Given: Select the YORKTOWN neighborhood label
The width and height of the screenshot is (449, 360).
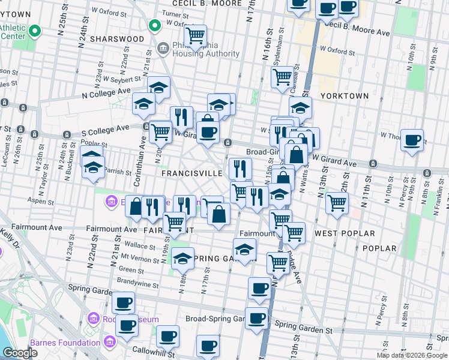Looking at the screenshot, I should pos(345,95).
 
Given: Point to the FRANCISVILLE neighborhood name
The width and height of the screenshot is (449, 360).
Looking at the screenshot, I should pos(192,173).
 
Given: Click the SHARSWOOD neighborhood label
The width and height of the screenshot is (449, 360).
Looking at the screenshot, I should pos(117,38).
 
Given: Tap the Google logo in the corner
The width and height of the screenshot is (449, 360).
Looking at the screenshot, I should pos(20,353).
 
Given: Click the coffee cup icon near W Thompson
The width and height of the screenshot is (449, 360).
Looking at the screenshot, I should pos(412,140).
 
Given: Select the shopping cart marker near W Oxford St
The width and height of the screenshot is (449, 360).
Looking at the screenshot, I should pos(195,37).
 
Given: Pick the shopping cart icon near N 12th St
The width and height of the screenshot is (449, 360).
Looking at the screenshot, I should pos(337,203).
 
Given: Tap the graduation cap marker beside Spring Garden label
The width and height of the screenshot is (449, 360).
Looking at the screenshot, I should pos(244,250).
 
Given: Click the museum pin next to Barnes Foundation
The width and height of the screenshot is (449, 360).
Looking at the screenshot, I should pos(109,343).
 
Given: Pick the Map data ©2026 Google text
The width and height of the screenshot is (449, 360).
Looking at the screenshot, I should pos(411,355).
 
